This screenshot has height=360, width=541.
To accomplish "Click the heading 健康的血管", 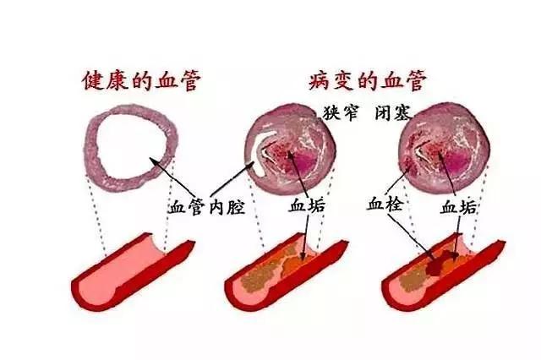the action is click(141, 80).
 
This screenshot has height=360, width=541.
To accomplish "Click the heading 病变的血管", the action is click(368, 80).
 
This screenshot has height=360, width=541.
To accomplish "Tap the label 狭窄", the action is click(341, 112).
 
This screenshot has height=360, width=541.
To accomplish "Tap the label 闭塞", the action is click(393, 112).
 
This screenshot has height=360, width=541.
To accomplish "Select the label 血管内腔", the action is click(206, 208).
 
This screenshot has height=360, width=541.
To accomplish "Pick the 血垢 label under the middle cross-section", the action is click(307, 205).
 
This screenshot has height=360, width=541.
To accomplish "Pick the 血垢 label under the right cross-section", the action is click(458, 208).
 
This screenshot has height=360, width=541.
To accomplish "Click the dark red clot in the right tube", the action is click(438, 263).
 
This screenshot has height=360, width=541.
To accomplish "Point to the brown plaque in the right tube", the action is click(413, 280).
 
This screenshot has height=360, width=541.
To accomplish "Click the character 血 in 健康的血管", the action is click(166, 80).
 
